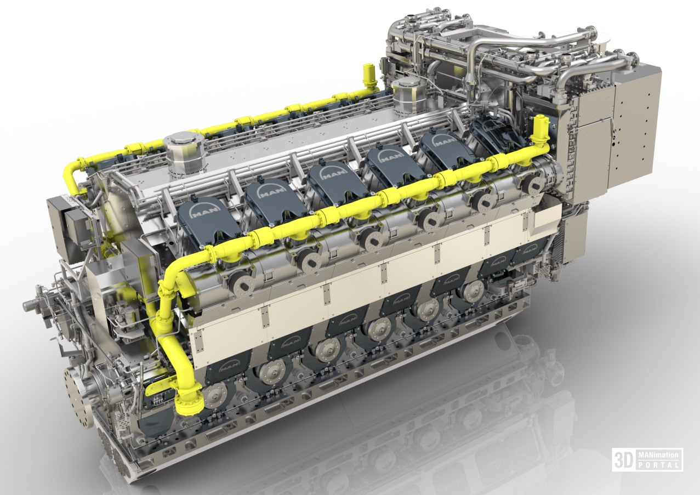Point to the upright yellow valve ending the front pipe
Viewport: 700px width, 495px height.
[x=540, y=129]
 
